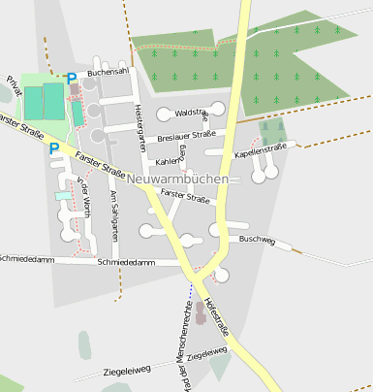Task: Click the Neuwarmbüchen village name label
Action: click(177, 180)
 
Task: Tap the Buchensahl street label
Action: click(108, 73)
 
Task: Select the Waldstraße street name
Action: click(192, 114)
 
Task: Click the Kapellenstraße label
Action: click(261, 148)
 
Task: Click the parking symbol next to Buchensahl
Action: click(71, 78)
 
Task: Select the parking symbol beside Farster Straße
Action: click(53, 148)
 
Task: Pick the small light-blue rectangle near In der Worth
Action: click(63, 195)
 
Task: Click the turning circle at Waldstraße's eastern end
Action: click(218, 109)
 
